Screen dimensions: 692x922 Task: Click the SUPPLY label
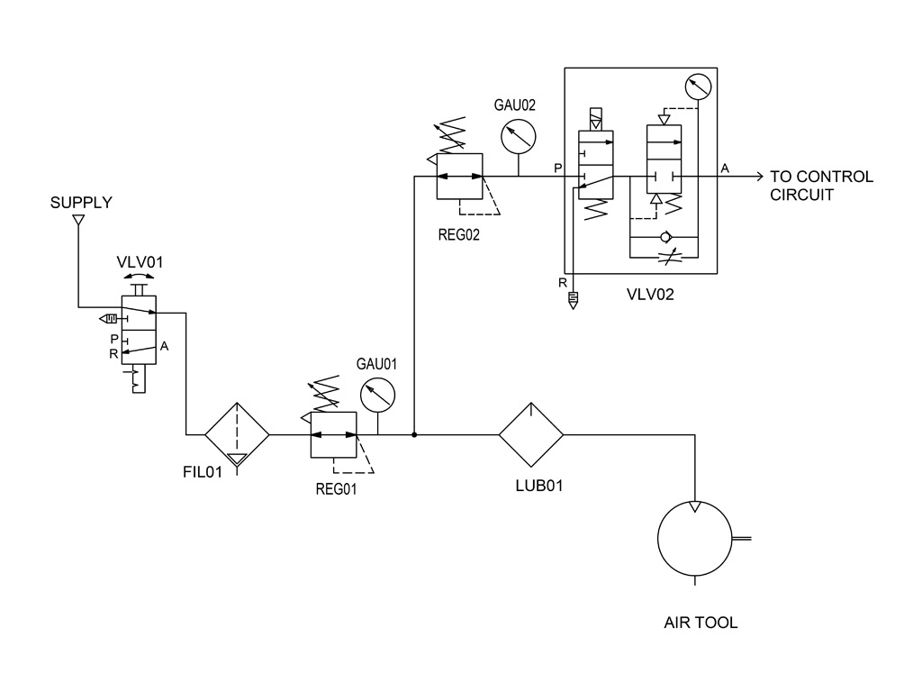81,202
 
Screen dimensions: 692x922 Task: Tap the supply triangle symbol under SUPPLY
79,218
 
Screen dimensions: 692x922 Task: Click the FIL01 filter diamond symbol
238,434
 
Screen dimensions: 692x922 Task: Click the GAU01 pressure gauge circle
377,395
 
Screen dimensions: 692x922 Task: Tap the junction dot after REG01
413,434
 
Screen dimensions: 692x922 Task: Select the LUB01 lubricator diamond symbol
531,434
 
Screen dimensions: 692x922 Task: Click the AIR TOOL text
701,623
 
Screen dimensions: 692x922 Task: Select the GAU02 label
514,105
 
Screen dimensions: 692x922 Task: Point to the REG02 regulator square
459,176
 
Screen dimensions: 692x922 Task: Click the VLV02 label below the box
650,294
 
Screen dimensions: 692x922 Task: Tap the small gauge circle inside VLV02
697,87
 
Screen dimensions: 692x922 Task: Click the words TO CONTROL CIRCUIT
821,185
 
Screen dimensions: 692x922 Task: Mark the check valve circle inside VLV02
664,237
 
